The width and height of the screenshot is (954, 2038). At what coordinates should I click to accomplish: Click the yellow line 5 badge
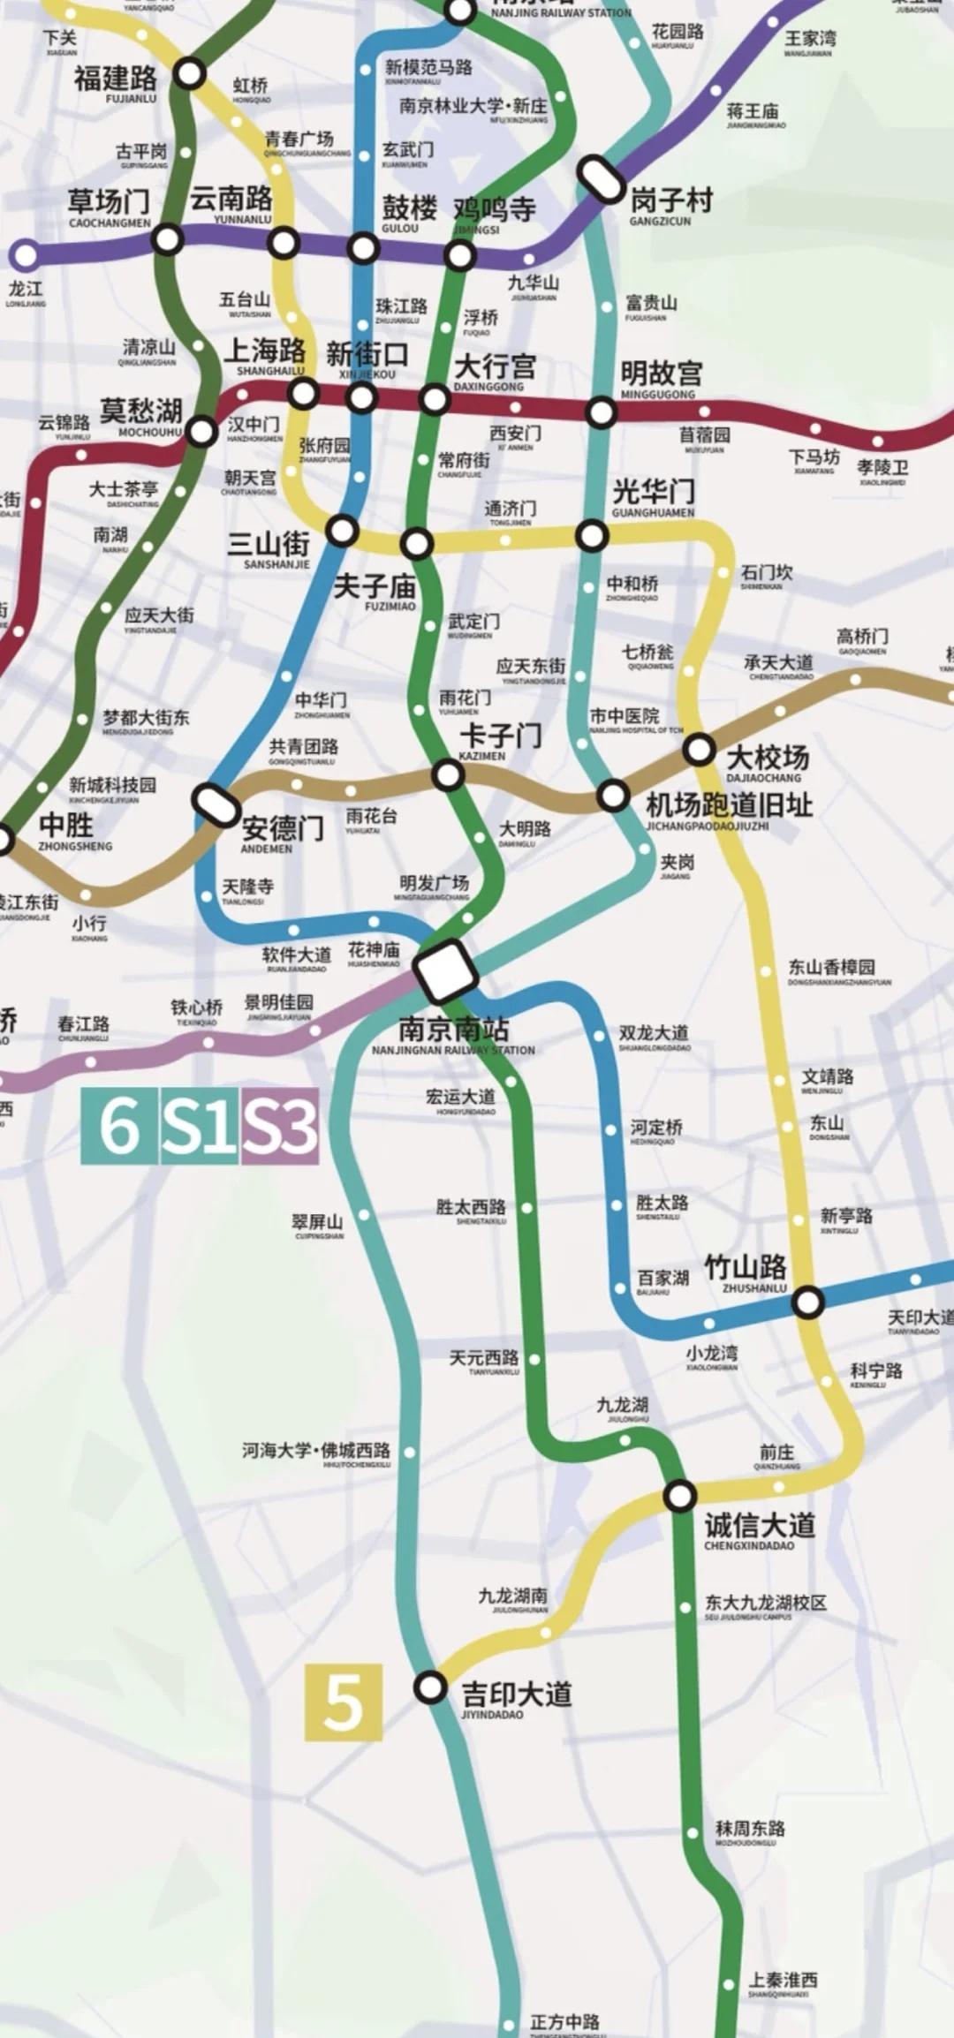343,1702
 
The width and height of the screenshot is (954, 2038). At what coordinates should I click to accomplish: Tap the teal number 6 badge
119,1126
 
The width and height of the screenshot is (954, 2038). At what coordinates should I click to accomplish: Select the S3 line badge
279,1126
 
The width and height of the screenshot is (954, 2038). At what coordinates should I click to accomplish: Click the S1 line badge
200,1126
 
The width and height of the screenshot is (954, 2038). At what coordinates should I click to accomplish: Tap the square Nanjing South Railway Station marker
445,970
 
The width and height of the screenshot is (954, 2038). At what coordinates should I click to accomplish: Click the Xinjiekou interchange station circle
362,397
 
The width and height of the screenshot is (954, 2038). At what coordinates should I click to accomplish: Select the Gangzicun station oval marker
602,178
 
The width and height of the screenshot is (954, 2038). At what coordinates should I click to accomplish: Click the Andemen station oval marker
216,803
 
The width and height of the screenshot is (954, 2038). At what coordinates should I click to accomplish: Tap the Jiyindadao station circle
430,1687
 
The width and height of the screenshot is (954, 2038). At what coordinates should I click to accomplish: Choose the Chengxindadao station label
759,1528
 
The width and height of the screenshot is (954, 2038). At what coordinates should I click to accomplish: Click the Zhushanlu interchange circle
807,1301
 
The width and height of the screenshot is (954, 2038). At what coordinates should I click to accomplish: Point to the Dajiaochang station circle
700,750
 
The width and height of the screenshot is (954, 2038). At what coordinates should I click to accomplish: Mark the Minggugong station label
661,377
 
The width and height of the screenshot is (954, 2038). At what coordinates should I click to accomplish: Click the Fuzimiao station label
375,589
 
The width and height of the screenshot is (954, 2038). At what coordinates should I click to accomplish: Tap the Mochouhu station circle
202,431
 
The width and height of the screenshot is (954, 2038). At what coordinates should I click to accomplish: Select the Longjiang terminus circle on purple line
25,256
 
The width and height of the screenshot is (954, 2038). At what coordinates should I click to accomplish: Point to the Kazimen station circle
448,775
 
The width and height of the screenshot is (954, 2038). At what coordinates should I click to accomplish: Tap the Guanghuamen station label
654,496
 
